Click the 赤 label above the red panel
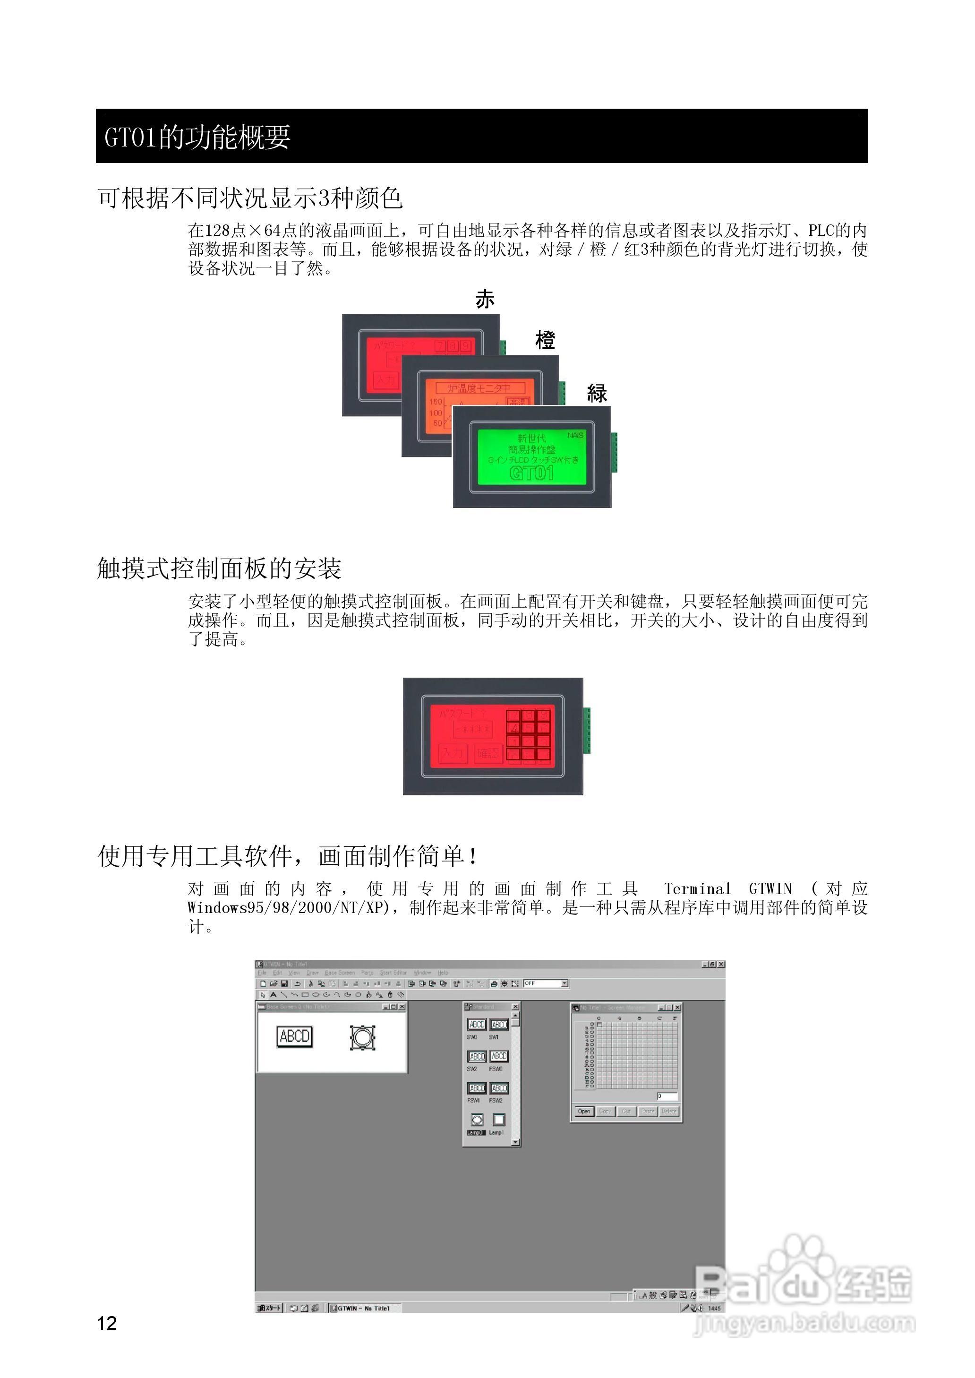click(485, 299)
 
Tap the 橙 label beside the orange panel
click(545, 340)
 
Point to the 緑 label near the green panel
click(597, 393)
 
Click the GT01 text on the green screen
click(531, 473)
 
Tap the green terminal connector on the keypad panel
click(587, 730)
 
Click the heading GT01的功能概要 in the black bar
click(197, 137)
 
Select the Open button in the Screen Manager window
click(583, 1111)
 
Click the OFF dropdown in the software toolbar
click(545, 983)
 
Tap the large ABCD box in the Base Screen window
click(294, 1037)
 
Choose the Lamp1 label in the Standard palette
click(496, 1132)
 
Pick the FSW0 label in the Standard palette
click(496, 1069)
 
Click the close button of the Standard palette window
click(515, 1007)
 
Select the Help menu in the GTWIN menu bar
click(443, 973)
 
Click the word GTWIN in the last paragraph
click(770, 888)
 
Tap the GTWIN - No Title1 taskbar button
click(364, 1308)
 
